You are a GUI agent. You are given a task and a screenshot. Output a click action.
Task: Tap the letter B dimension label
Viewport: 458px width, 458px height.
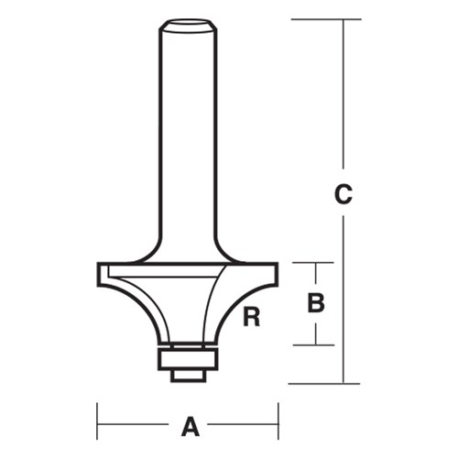click(x=316, y=303)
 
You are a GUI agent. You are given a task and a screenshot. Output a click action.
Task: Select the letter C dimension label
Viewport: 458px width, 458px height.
click(x=343, y=196)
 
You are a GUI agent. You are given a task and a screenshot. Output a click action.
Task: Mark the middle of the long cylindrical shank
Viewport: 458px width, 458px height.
click(x=188, y=137)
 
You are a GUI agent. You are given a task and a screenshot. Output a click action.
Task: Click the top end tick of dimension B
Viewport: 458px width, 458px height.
click(x=316, y=264)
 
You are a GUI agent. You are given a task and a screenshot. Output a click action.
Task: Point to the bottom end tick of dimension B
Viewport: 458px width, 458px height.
click(x=316, y=344)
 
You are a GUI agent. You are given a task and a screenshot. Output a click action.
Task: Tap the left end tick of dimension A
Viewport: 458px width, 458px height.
click(x=98, y=425)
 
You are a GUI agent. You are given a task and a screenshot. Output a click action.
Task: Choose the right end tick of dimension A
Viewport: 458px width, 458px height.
click(x=278, y=425)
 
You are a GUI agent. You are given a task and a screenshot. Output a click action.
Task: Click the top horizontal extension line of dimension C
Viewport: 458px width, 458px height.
click(x=321, y=18)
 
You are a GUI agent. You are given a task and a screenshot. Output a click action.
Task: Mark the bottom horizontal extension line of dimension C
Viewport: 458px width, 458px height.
click(x=321, y=382)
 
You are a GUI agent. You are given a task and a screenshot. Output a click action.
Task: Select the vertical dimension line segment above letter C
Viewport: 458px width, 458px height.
click(x=343, y=101)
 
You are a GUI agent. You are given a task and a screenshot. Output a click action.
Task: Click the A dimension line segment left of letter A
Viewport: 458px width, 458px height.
click(x=137, y=425)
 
